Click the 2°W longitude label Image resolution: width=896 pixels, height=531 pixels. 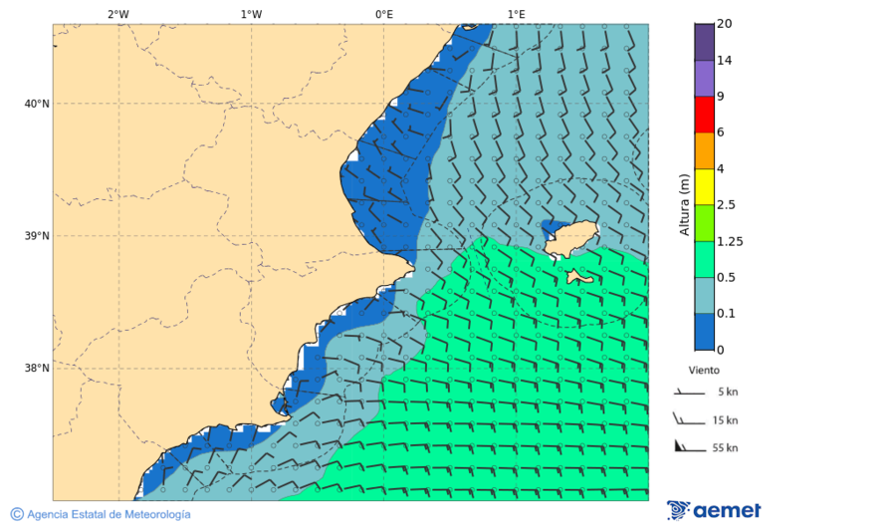tap(117, 14)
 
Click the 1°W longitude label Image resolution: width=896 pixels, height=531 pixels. tap(251, 14)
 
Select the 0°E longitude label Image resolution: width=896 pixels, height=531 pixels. tap(383, 14)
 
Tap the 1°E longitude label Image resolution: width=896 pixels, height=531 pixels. tap(516, 14)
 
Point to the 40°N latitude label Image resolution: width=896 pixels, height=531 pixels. tap(37, 104)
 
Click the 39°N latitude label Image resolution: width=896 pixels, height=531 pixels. tap(37, 236)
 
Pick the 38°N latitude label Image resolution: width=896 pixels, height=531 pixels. tap(37, 369)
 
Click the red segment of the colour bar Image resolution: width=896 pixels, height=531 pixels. tap(704, 115)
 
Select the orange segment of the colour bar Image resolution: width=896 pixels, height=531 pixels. tap(704, 150)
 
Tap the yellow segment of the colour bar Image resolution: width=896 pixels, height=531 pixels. tap(704, 186)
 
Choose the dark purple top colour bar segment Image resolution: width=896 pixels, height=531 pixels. tap(704, 42)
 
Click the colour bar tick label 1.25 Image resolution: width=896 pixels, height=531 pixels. tap(730, 241)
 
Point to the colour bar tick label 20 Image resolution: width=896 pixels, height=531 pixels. tap(724, 24)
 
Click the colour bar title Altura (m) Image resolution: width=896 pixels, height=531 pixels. tap(684, 204)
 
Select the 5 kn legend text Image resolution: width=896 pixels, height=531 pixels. tap(727, 392)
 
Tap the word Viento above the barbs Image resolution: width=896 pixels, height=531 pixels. tap(704, 369)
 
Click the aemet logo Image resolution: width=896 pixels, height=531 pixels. tap(714, 510)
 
